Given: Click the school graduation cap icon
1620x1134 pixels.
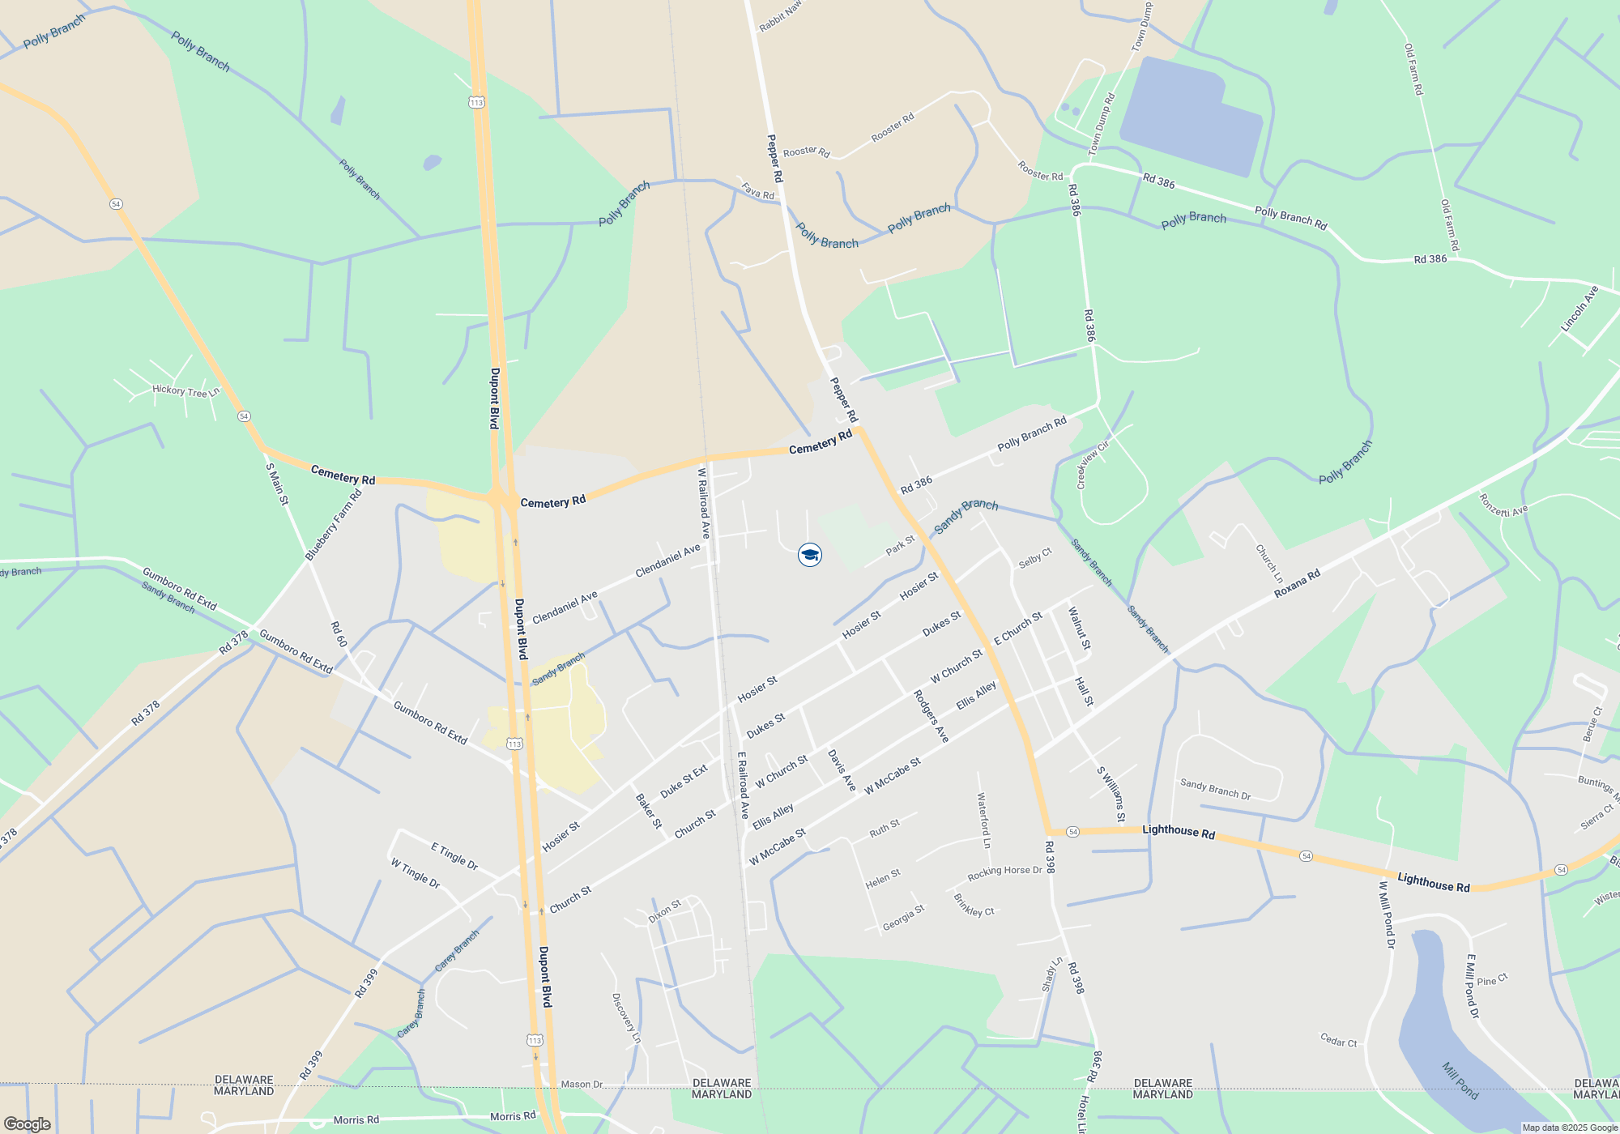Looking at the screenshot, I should (810, 555).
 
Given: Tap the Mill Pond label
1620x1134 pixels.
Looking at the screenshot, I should (1460, 1081).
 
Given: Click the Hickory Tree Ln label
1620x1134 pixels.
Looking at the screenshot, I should (185, 391).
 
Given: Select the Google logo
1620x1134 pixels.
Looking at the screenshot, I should (28, 1124).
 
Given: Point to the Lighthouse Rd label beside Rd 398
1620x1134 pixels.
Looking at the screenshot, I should (1179, 832).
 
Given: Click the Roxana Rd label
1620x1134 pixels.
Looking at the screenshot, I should (1297, 584).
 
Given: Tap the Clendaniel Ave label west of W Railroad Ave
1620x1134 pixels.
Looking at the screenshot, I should (565, 607).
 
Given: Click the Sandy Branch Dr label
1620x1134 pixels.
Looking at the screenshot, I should (1215, 790).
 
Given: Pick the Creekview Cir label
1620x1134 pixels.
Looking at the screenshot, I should (1092, 466).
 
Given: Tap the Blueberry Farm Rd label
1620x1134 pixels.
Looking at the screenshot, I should (333, 525).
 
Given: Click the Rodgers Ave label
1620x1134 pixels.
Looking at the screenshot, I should (931, 716).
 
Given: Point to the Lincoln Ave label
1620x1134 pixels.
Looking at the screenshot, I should (1579, 309).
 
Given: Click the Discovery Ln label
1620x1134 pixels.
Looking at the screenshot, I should (626, 1018).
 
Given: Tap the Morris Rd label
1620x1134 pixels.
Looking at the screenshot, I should (356, 1120).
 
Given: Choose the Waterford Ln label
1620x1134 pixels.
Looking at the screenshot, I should (983, 821).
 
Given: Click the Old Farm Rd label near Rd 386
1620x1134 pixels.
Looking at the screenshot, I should (1449, 225).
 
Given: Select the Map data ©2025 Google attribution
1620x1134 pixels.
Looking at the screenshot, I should (1570, 1128).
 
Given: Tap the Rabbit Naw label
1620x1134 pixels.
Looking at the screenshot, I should (779, 16).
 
